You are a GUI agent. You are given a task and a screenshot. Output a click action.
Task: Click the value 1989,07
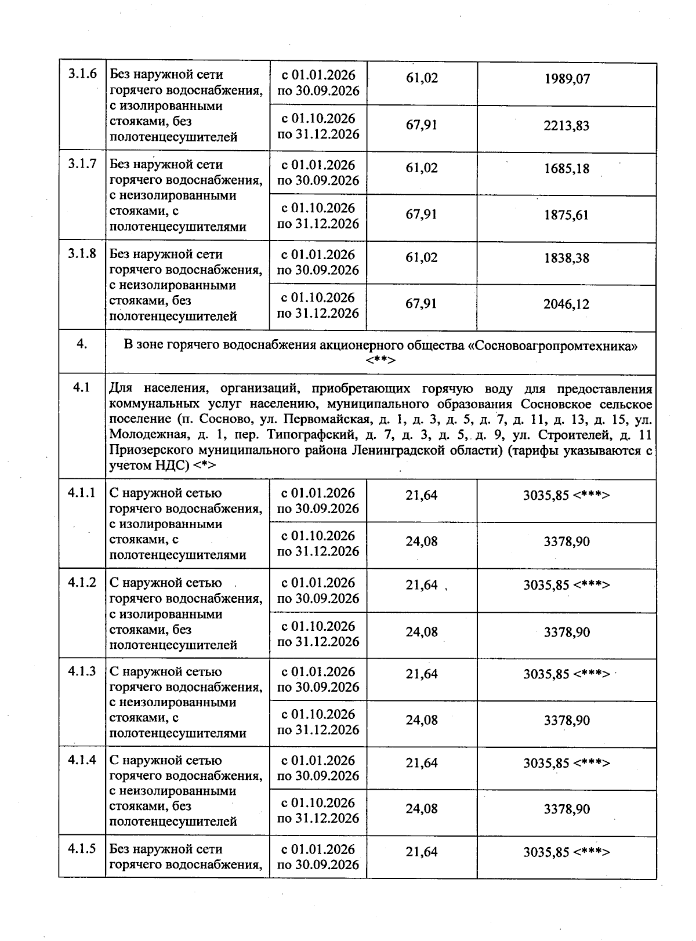pos(567,79)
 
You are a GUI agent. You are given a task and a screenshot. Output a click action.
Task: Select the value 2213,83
pos(567,126)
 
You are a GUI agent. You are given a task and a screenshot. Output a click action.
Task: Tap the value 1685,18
pos(567,169)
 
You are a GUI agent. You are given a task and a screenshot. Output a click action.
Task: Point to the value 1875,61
pos(567,215)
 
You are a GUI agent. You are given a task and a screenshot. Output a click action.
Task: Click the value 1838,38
pos(567,258)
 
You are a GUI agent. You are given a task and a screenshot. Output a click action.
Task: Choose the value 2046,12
pos(567,304)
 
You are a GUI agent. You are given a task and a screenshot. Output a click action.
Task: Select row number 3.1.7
pos(82,164)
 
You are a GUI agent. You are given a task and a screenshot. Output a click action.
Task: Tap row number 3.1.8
pos(82,253)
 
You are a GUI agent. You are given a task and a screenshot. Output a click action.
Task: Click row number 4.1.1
pos(82,493)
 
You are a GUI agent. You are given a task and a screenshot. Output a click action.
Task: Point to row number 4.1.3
pos(82,671)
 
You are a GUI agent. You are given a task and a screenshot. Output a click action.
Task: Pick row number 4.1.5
pos(82,849)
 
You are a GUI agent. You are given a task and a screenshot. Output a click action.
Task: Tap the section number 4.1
pos(82,388)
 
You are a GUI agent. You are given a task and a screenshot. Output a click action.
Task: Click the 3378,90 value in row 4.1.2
pos(567,632)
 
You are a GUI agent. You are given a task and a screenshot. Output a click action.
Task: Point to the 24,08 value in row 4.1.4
pos(422,809)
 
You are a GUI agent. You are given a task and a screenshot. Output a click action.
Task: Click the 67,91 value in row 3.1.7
pos(422,215)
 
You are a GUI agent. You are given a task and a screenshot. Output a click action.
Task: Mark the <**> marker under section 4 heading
pos(380,361)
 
